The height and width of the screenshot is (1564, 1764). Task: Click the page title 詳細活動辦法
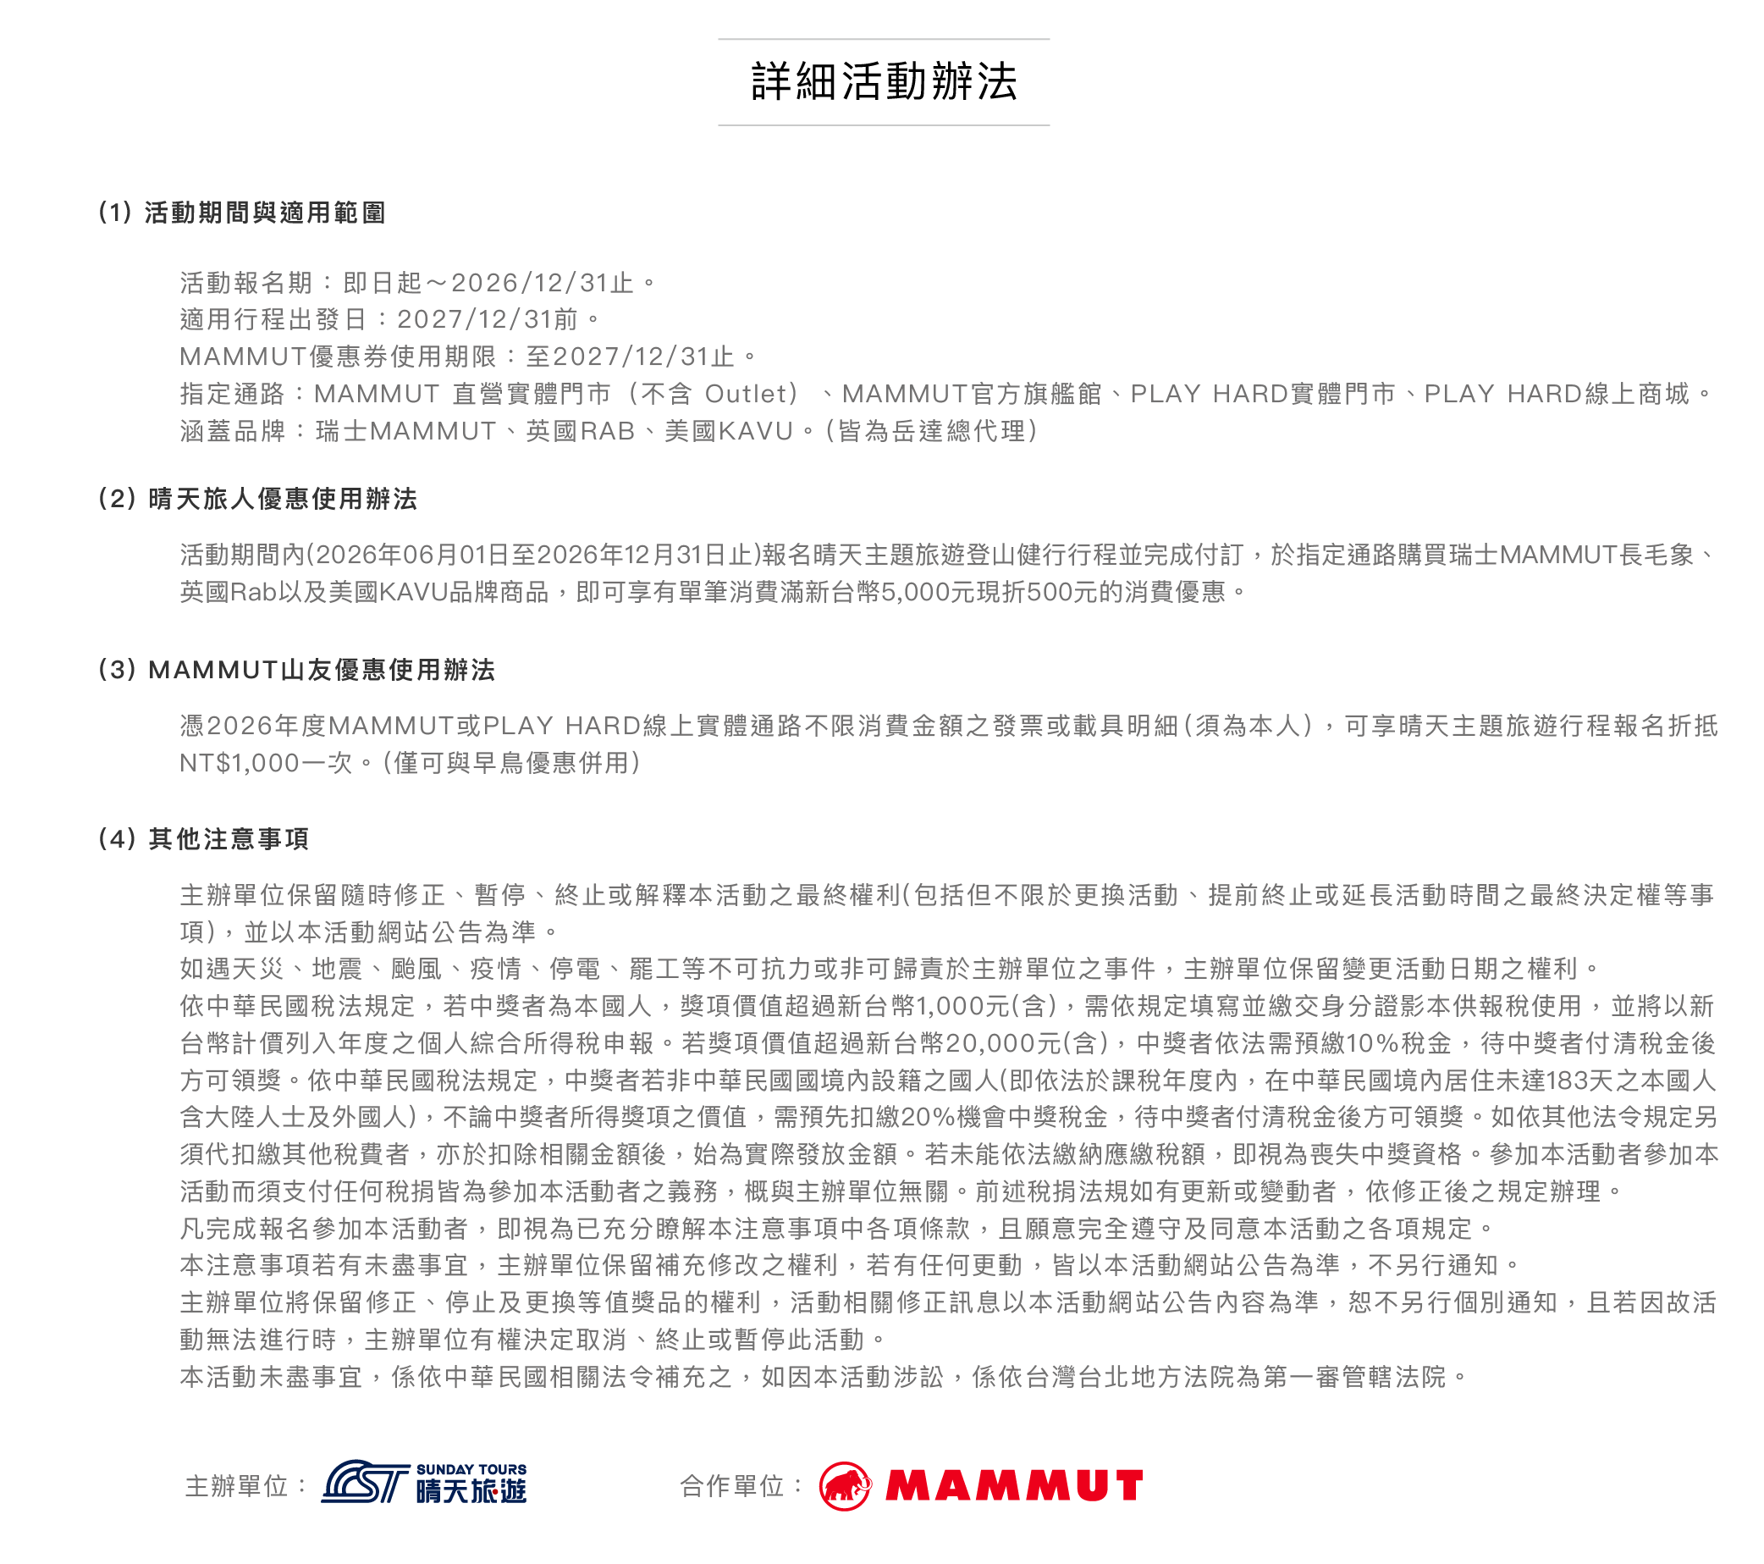point(884,82)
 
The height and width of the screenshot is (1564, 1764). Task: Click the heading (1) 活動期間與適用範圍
point(242,213)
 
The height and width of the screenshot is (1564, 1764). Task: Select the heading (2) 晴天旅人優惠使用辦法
point(258,498)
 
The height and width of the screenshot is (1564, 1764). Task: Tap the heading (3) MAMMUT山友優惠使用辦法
point(297,669)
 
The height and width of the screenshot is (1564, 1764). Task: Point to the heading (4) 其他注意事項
point(204,838)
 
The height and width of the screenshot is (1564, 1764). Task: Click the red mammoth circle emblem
point(845,1485)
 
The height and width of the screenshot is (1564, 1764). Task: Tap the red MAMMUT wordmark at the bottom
point(1014,1485)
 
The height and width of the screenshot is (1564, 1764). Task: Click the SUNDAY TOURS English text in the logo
point(471,1469)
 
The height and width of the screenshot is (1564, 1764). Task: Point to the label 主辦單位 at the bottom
point(235,1485)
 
